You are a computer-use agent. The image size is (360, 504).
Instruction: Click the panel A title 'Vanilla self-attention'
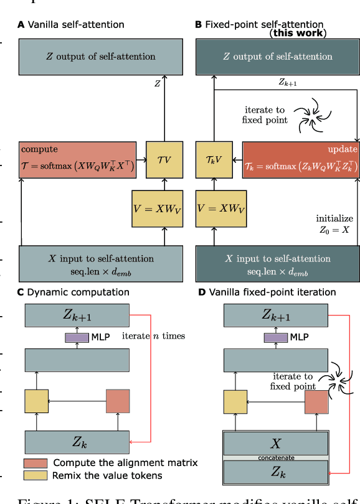(x=75, y=25)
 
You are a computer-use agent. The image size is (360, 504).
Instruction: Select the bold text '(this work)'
(x=297, y=33)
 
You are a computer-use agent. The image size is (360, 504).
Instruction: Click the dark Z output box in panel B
(x=277, y=57)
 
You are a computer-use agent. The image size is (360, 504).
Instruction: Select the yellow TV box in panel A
(x=164, y=159)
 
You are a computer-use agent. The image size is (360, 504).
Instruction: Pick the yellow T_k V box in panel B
(x=214, y=159)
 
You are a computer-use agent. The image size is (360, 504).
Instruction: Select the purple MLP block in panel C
(x=77, y=337)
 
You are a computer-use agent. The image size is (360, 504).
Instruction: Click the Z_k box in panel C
(x=77, y=442)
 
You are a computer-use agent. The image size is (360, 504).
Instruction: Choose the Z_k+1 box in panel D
(x=275, y=315)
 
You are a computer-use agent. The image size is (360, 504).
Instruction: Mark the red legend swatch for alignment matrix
(x=35, y=463)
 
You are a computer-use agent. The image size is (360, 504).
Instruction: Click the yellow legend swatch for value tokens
(x=35, y=475)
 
